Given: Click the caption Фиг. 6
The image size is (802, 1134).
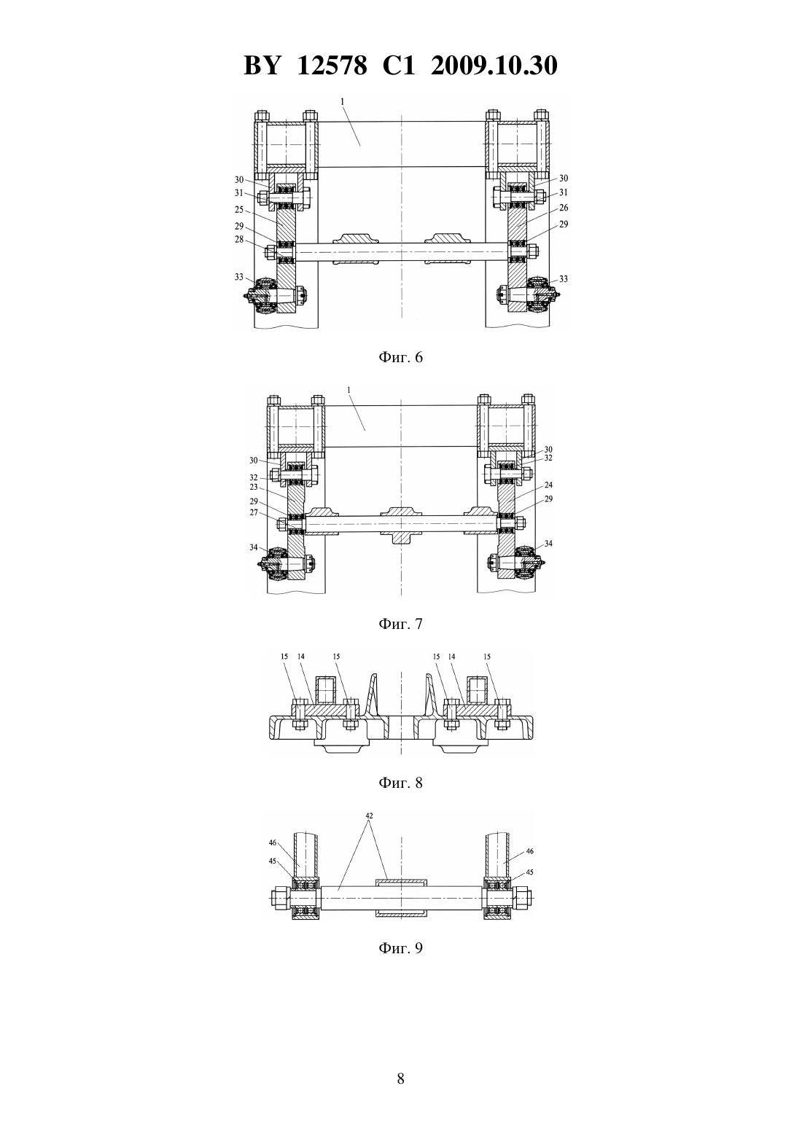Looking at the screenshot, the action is point(400,357).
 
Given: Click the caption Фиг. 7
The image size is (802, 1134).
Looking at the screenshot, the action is point(400,624).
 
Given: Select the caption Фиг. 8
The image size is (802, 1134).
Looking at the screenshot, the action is point(400,783).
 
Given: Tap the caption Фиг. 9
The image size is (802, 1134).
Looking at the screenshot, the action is point(400,947).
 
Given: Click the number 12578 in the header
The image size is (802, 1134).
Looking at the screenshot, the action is point(332,66).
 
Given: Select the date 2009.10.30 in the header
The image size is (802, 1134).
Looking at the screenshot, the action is point(494,66).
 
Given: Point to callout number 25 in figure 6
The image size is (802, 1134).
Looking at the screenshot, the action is point(239,209).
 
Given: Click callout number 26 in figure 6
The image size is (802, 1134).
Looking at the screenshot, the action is point(564,208).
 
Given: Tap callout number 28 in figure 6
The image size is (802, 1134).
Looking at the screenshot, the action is point(239,239).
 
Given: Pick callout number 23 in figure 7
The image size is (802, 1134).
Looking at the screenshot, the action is point(254,487).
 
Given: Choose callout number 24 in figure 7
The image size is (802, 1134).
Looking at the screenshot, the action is point(548,485).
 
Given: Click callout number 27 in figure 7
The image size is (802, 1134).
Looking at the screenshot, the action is point(254,512).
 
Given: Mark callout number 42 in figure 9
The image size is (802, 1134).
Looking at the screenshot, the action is point(369,816).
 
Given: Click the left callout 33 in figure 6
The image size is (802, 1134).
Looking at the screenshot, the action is point(239,277).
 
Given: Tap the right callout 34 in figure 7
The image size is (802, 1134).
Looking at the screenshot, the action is point(548,544).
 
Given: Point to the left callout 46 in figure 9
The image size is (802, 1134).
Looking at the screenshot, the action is point(273,842).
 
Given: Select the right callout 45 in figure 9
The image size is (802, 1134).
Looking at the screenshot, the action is point(529,872).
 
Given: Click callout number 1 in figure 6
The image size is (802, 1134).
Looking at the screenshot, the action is point(342,101).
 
